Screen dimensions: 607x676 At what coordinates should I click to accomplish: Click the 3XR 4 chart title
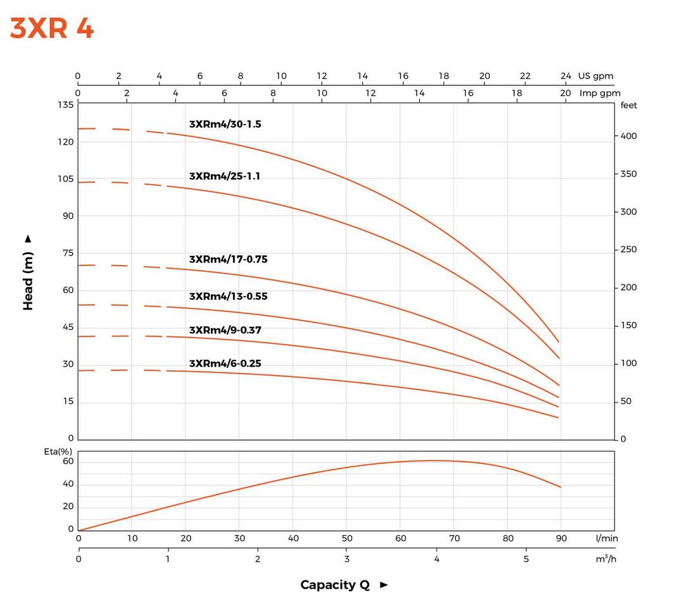[x=52, y=29]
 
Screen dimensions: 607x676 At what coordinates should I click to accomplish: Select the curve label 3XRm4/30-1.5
[x=225, y=125]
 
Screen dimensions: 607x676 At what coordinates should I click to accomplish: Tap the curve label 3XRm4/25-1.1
[x=224, y=176]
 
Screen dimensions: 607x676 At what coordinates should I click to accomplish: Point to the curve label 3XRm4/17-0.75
[x=228, y=259]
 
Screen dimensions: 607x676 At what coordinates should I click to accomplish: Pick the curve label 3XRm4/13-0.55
[x=228, y=297]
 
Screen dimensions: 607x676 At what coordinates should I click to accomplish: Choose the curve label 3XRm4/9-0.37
[x=225, y=330]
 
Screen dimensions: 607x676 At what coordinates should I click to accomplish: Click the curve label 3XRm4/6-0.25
[x=225, y=364]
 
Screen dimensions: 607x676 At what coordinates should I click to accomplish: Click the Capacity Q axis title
[x=335, y=585]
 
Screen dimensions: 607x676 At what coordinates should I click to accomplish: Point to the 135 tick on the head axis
[x=66, y=105]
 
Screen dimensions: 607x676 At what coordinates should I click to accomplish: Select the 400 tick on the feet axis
[x=629, y=137]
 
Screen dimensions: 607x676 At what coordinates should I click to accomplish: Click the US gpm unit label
[x=596, y=76]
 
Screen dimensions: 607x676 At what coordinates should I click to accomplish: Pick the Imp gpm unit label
[x=600, y=93]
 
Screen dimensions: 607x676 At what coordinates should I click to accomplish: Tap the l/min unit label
[x=607, y=539]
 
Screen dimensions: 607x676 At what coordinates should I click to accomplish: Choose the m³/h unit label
[x=606, y=560]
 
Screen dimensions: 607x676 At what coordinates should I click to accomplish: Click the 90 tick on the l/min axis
[x=561, y=539]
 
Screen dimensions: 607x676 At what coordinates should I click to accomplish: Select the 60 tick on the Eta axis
[x=68, y=462]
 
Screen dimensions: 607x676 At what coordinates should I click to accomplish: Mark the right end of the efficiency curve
[x=560, y=487]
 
